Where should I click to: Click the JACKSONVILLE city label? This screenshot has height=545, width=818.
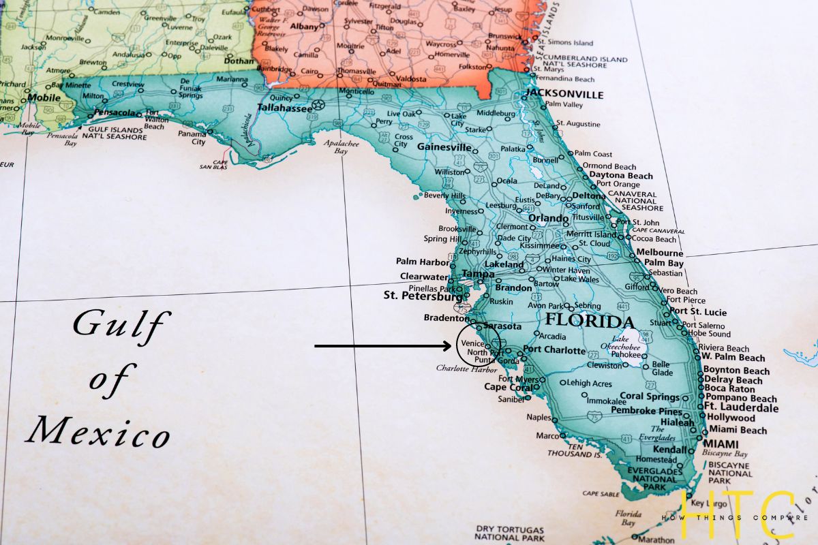[565, 94]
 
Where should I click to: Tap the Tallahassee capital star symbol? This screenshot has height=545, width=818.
[318, 106]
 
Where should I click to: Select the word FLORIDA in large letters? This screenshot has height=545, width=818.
[590, 322]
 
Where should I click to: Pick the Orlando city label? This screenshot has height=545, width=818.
[548, 219]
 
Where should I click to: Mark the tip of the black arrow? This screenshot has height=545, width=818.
[451, 346]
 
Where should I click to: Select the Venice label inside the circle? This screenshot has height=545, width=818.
[472, 343]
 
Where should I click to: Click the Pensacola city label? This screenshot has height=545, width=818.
[114, 112]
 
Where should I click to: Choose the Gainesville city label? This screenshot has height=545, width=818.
[444, 147]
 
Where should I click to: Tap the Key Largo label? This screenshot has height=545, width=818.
[709, 504]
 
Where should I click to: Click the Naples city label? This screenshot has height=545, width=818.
[538, 417]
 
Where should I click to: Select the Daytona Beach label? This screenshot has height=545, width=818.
[621, 176]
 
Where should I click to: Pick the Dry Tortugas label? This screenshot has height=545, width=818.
[510, 530]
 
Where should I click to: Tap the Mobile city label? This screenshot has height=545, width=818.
[44, 97]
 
